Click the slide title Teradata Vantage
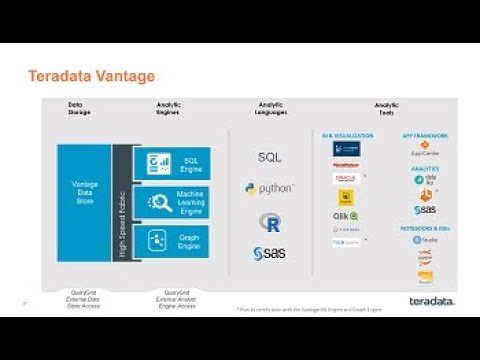point(91,76)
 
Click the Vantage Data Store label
point(85,192)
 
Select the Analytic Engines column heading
point(169,107)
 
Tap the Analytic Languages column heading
point(270,107)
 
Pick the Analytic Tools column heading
point(385,107)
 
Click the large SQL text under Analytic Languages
point(269,157)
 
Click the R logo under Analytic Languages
point(268,221)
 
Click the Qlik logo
point(345,215)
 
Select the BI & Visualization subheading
point(347,134)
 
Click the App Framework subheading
point(425,134)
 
